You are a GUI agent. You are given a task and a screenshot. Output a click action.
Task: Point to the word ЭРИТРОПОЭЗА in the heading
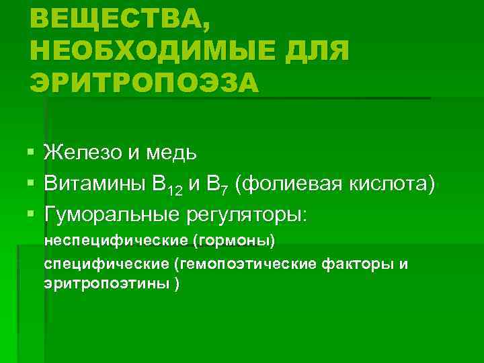click(x=144, y=83)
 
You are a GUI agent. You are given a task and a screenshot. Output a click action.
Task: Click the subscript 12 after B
click(x=175, y=190)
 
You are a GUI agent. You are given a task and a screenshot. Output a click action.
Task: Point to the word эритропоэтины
click(x=107, y=283)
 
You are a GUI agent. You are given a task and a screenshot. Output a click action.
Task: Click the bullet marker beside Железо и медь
click(x=32, y=153)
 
